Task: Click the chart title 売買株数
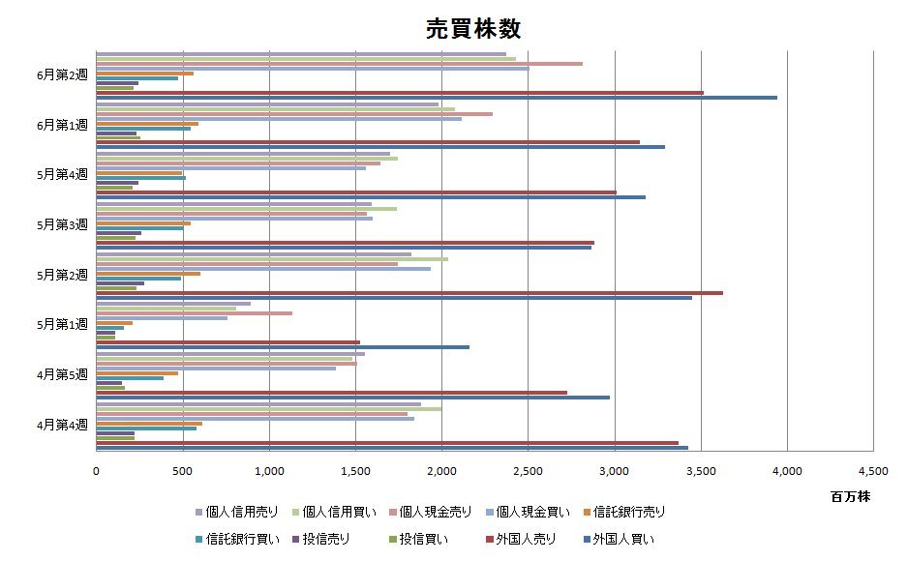473,29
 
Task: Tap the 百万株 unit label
850,496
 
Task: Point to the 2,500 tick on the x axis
528,471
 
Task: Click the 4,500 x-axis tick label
872,471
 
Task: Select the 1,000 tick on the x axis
269,471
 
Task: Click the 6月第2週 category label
62,74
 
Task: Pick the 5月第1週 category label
62,323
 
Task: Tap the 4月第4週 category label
62,424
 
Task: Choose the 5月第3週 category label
62,224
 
